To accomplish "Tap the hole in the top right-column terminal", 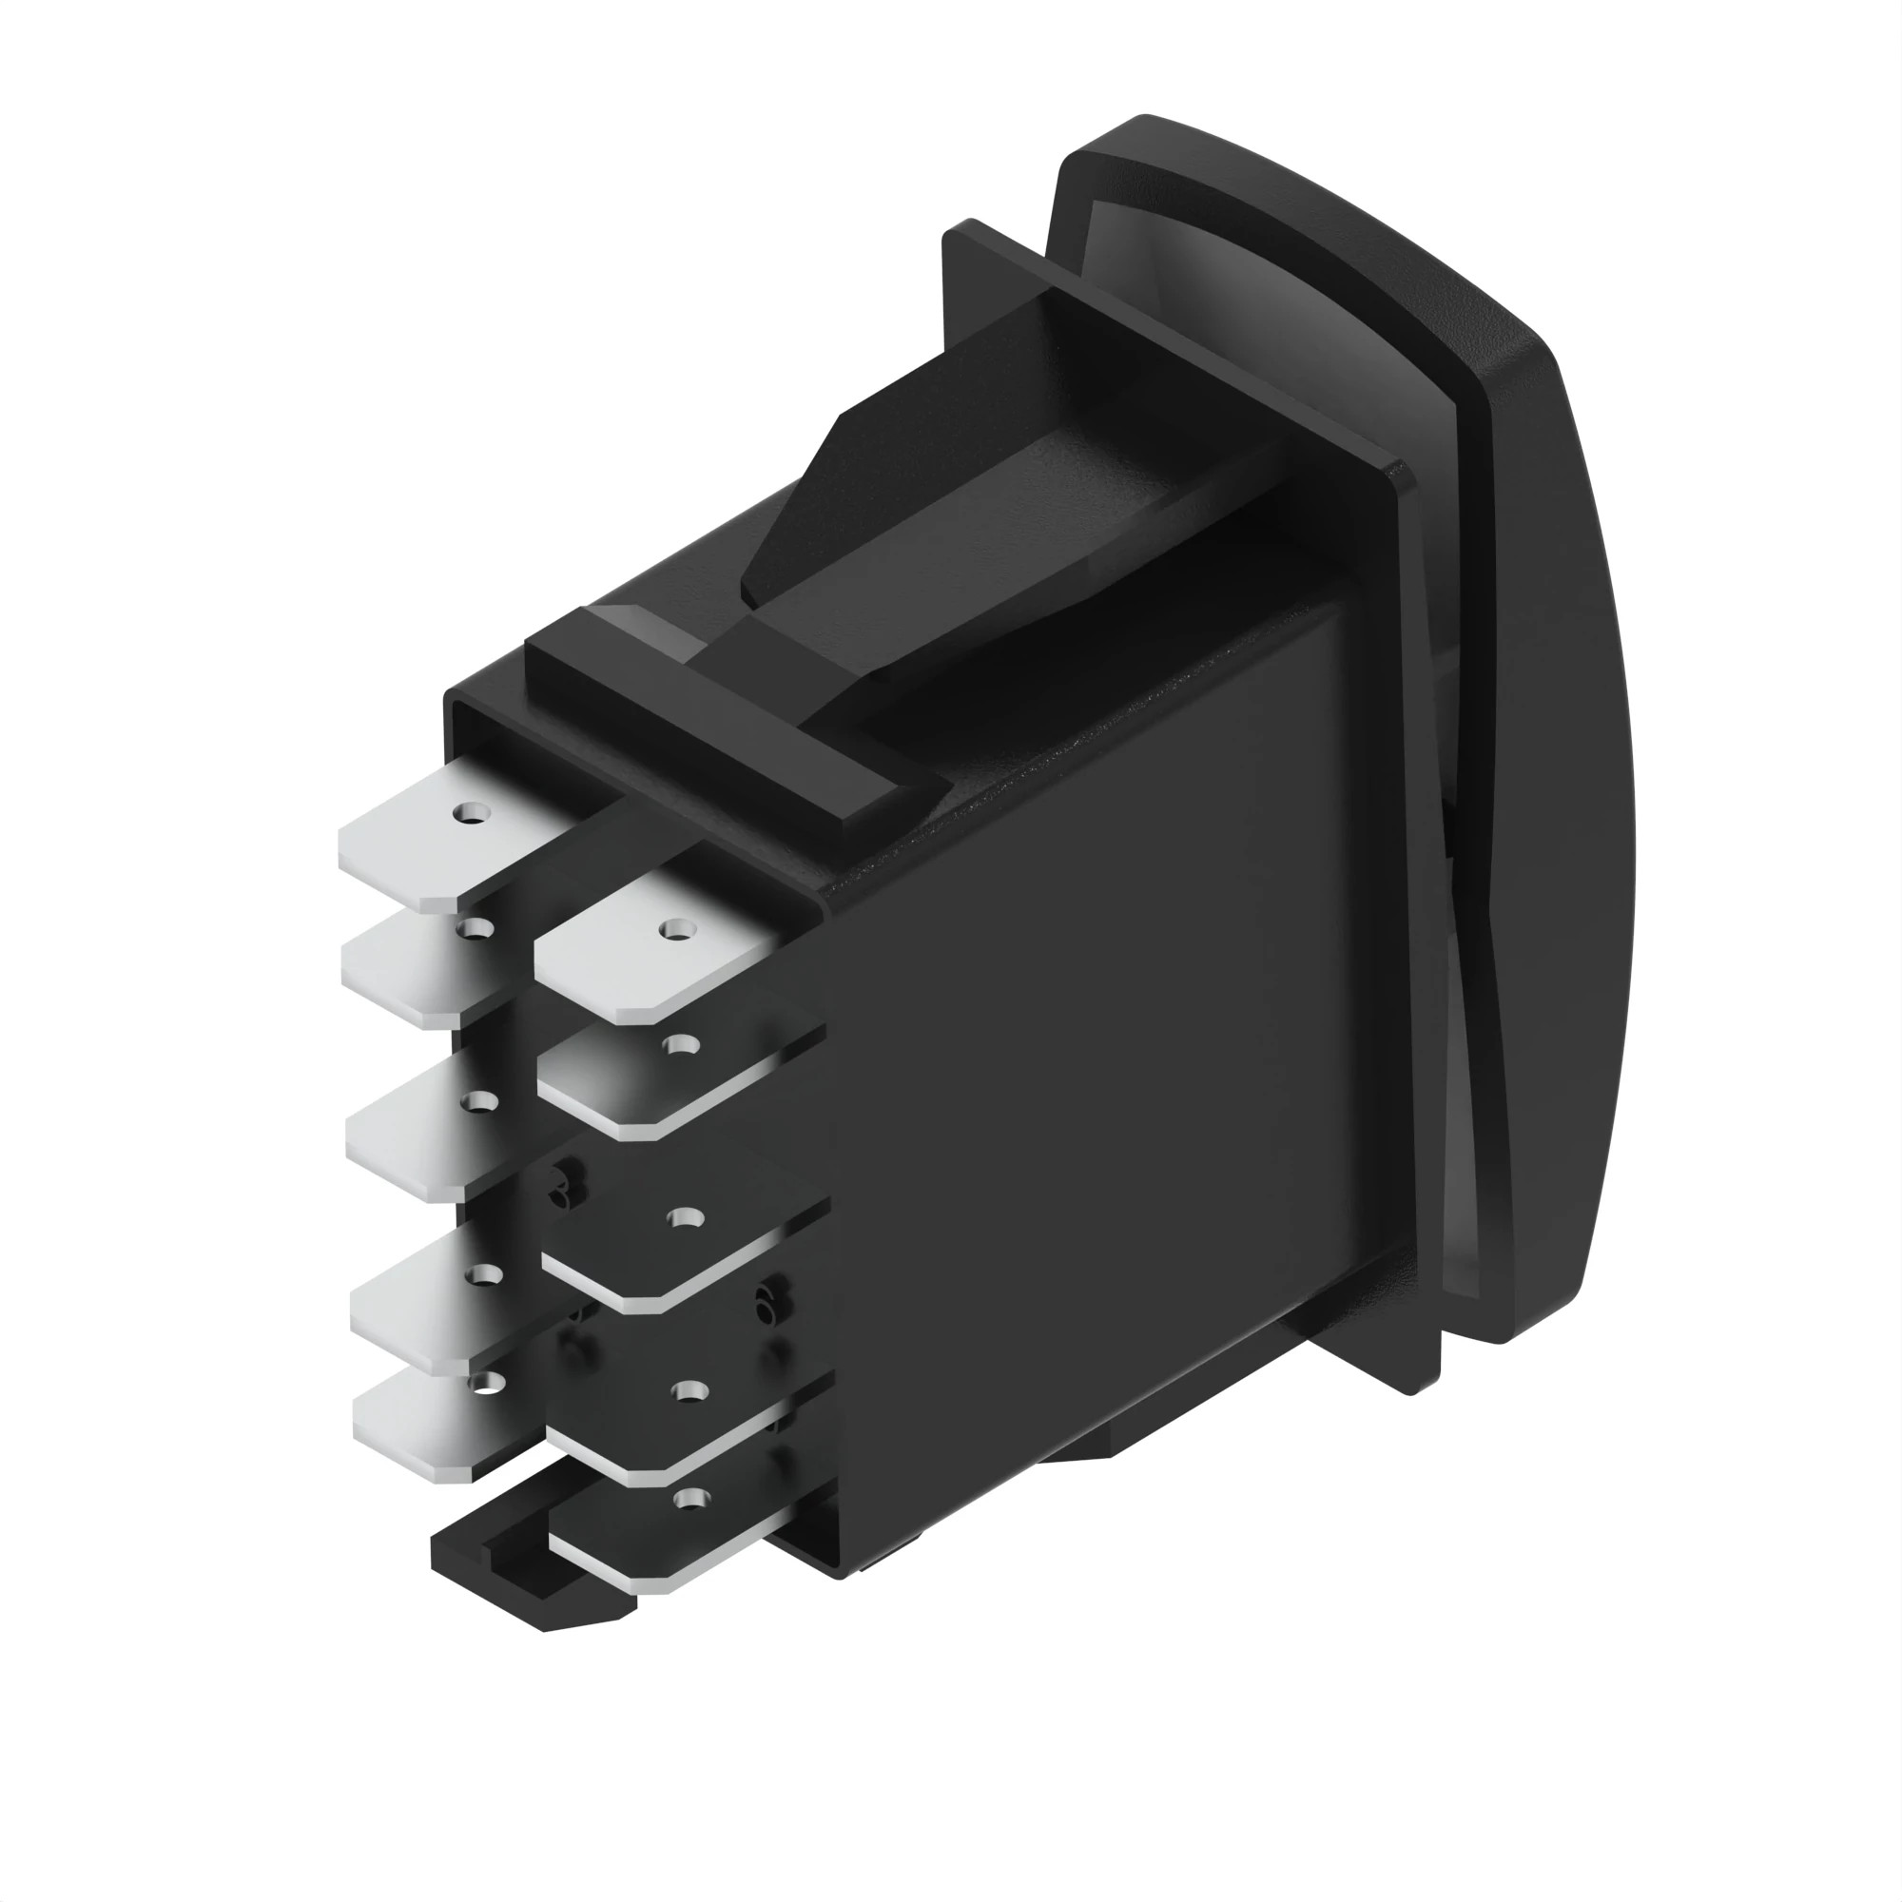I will (674, 927).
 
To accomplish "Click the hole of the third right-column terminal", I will (684, 1219).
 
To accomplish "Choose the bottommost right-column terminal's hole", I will (689, 1499).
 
